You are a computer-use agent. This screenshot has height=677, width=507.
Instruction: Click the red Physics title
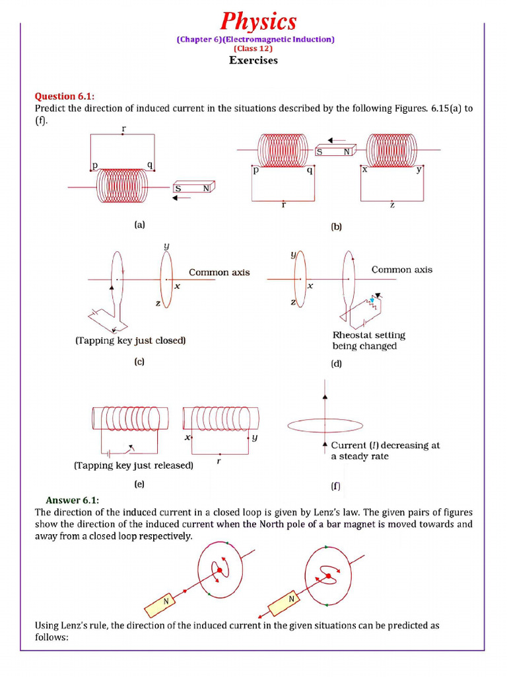pos(258,21)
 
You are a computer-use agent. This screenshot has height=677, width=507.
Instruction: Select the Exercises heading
pos(253,60)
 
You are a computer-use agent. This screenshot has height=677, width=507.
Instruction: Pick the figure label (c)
pos(139,362)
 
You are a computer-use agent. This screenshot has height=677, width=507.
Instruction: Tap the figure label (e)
pos(139,484)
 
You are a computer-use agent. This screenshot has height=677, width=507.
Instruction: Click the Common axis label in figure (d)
pos(401,269)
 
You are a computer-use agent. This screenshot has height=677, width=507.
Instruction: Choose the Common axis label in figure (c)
pos(219,272)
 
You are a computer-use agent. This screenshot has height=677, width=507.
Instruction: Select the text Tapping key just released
pos(133,465)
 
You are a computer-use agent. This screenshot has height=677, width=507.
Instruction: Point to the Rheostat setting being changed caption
pos(368,340)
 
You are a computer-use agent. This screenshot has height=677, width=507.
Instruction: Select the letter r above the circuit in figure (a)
pos(123,129)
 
